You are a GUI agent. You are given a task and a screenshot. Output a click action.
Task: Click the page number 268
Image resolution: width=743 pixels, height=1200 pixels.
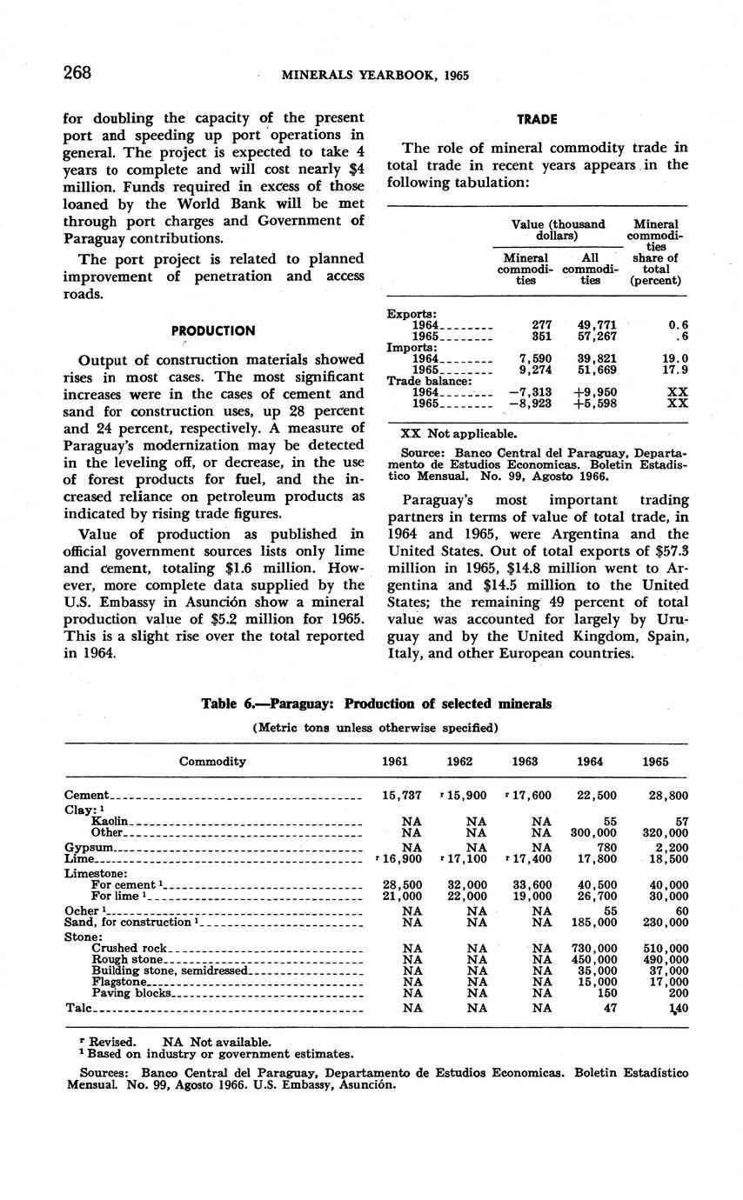77,73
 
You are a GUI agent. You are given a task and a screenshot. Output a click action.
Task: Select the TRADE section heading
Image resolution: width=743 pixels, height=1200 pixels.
537,118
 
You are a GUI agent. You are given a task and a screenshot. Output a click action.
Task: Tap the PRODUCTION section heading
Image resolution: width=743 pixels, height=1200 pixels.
213,331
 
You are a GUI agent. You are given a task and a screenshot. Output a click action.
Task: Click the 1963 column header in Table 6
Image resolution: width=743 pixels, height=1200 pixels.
525,761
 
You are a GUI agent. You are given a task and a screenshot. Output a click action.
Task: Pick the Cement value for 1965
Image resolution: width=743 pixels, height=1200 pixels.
669,795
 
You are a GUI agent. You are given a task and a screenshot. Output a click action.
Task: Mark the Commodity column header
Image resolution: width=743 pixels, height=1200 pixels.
212,761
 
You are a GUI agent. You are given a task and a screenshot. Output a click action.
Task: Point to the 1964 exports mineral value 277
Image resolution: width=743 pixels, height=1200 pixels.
540,325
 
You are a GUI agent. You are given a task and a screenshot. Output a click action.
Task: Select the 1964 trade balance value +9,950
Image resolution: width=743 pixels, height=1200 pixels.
596,392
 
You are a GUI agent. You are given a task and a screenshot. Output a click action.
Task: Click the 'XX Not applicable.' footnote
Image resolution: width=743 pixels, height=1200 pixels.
458,433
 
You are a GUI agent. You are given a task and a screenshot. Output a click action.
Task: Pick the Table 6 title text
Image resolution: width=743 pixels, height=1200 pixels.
376,703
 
